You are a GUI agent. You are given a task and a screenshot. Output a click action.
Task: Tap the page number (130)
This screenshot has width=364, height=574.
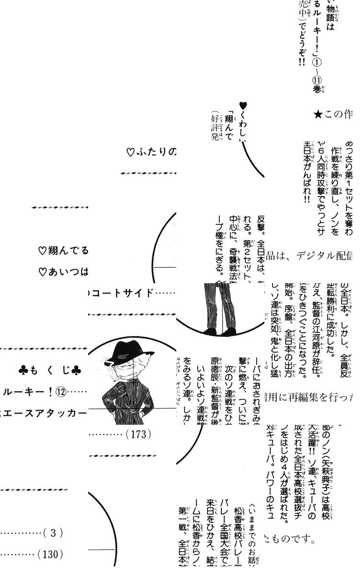(50, 554)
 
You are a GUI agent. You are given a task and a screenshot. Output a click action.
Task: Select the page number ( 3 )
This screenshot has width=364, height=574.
(53, 532)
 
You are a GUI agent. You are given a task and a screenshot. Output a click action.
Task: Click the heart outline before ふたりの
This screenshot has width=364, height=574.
(130, 153)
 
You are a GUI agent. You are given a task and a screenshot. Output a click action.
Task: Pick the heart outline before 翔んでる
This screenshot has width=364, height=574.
(42, 250)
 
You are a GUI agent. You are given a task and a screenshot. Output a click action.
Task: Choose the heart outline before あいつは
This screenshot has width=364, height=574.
(42, 272)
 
